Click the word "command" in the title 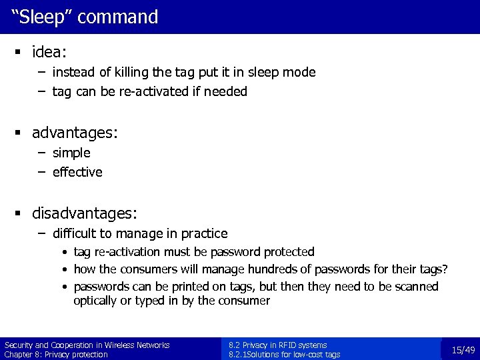click(x=118, y=17)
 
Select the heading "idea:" click(x=51, y=51)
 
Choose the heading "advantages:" click(x=75, y=133)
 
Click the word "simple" click(x=71, y=153)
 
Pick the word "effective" click(x=77, y=172)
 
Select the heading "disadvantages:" click(x=85, y=213)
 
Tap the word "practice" click(x=201, y=233)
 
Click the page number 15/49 click(x=463, y=350)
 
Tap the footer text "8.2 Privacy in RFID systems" click(x=277, y=345)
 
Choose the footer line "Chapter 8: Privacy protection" click(x=56, y=355)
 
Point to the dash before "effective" click(x=41, y=172)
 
